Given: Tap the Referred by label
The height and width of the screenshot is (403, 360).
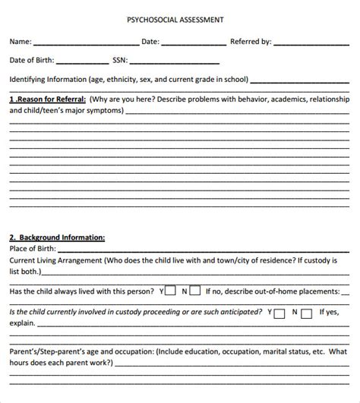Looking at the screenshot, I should click(251, 43).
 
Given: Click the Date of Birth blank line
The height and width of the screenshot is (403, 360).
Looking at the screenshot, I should click(81, 63).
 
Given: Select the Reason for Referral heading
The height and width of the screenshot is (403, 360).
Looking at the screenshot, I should click(48, 99).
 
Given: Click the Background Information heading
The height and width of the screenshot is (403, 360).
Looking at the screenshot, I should click(57, 238).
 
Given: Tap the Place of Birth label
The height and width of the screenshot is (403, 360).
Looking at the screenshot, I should click(34, 249).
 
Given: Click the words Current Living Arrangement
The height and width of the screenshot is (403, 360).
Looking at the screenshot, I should click(55, 260).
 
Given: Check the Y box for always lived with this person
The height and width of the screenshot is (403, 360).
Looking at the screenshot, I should click(171, 290).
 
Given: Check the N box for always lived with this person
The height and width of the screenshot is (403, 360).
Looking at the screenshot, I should click(194, 290).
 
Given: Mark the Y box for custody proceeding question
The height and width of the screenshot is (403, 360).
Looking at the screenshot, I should click(280, 312).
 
